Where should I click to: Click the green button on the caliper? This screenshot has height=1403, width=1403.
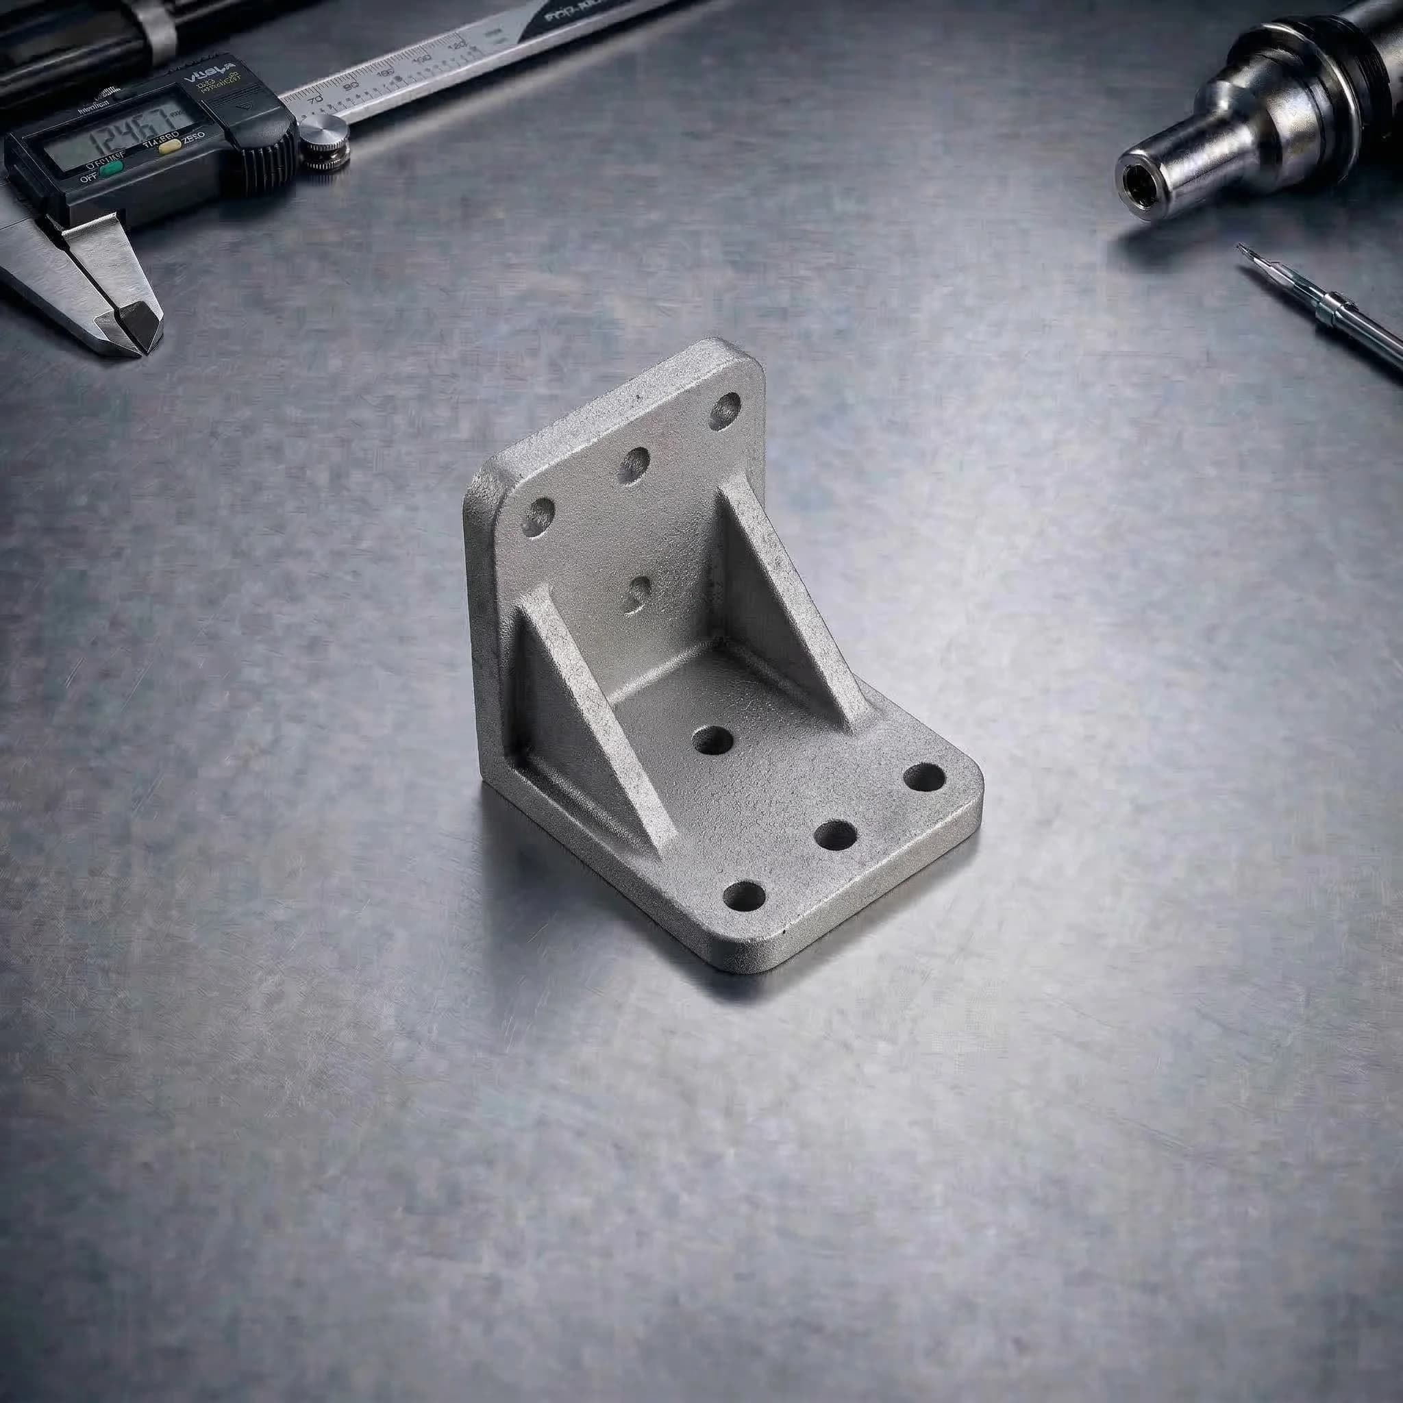point(111,170)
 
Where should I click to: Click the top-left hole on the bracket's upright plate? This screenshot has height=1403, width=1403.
point(538,517)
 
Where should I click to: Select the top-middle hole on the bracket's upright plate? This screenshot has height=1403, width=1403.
point(633,464)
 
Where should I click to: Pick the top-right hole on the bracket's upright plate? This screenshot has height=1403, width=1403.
point(724,411)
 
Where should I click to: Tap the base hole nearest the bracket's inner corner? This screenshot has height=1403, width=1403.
point(713,741)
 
